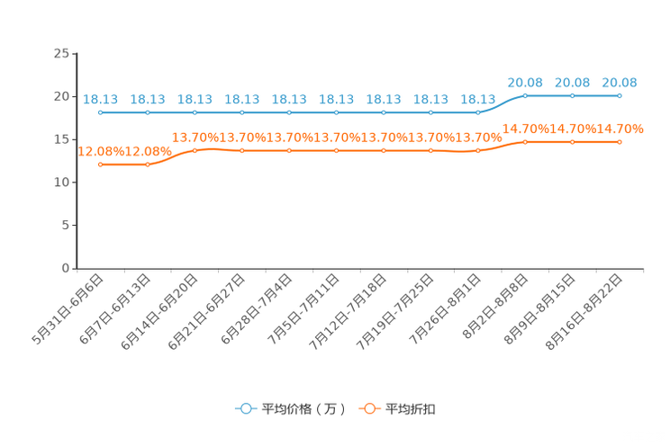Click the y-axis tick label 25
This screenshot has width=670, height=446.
tap(61, 53)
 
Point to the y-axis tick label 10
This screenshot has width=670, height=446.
tap(61, 183)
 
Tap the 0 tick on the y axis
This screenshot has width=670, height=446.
tap(66, 268)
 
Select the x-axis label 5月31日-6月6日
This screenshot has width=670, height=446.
tap(68, 309)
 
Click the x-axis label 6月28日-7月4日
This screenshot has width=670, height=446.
tap(257, 309)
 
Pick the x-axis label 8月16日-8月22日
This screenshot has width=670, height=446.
tap(584, 312)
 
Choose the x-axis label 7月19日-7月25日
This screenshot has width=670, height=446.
tap(395, 312)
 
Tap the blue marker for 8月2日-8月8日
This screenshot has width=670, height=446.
tap(525, 95)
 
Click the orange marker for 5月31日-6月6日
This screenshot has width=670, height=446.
tap(101, 165)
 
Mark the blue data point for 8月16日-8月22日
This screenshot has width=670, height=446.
tap(620, 95)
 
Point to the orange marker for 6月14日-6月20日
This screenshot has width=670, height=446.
tap(195, 150)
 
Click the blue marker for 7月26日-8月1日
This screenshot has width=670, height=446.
tap(477, 112)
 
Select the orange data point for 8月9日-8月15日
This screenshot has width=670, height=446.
tap(573, 142)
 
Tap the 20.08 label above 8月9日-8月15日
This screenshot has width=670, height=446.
tap(573, 83)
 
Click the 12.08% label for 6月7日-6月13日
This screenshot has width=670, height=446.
tap(149, 151)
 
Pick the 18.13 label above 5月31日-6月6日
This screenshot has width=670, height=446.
tap(101, 99)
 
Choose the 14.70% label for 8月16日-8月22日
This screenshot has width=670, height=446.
tap(620, 129)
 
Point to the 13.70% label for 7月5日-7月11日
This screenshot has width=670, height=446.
tap(337, 138)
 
